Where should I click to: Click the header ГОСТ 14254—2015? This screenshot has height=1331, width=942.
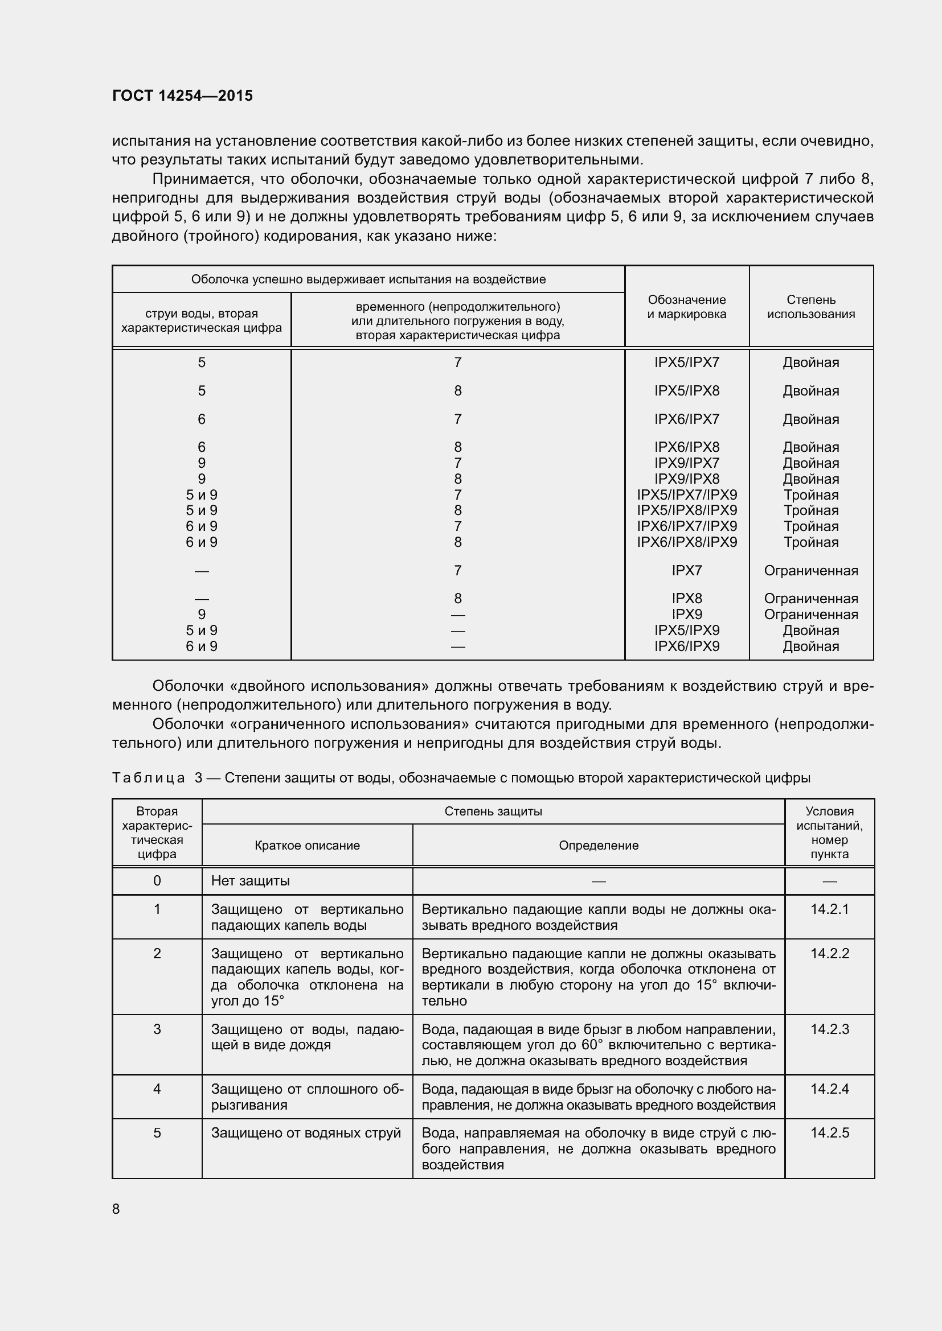182,96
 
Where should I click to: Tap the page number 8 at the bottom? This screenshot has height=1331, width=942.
116,1209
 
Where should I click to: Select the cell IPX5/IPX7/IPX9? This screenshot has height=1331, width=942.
687,495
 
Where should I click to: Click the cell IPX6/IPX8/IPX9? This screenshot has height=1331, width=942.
687,542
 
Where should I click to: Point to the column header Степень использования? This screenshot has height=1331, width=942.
811,307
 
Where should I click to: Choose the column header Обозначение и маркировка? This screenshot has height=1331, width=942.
687,307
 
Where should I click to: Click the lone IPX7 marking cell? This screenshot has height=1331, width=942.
687,570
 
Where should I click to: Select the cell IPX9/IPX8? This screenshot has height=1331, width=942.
687,479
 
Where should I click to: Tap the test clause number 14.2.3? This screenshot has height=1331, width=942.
829,1029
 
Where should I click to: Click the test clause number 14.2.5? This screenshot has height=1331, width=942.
829,1133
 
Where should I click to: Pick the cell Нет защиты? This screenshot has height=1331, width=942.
250,880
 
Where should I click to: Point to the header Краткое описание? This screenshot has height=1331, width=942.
307,845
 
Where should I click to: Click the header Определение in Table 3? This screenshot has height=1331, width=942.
599,845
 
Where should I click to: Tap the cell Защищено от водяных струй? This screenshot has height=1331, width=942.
306,1133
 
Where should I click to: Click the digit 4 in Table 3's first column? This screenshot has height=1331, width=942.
157,1089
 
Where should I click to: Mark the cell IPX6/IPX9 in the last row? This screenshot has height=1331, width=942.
687,646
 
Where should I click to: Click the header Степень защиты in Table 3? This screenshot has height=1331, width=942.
493,811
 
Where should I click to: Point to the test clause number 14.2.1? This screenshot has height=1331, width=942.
829,909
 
